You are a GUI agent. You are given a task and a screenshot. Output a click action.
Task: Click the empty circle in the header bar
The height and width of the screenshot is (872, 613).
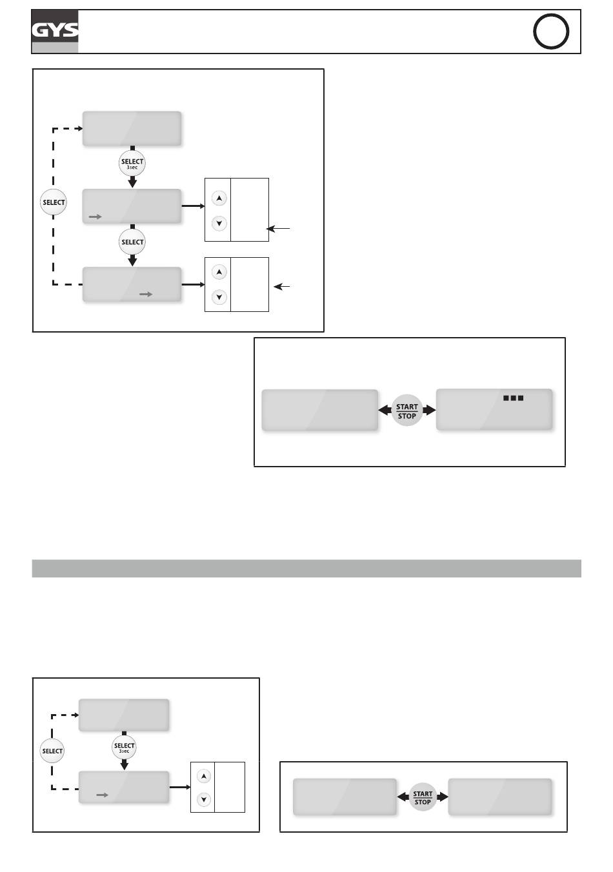click(x=550, y=32)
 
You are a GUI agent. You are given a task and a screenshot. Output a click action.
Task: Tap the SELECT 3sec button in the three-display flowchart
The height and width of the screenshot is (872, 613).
click(x=132, y=164)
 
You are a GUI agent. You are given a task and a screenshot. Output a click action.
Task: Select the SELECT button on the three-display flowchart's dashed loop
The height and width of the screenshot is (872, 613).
click(x=54, y=202)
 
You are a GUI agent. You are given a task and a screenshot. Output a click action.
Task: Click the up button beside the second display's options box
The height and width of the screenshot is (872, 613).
click(x=219, y=198)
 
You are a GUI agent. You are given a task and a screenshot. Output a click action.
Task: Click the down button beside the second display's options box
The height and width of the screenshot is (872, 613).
click(x=219, y=224)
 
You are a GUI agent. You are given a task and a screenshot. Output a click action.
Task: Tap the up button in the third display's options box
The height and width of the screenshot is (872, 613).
click(x=219, y=272)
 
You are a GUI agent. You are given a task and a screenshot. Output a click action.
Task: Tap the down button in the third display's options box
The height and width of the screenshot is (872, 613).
click(x=219, y=297)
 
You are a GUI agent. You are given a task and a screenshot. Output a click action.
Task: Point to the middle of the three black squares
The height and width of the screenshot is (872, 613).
click(x=513, y=398)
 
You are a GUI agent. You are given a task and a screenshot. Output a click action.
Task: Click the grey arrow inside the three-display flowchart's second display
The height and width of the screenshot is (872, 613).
click(x=95, y=217)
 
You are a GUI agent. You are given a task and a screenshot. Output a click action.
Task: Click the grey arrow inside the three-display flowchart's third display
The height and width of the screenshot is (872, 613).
click(x=146, y=295)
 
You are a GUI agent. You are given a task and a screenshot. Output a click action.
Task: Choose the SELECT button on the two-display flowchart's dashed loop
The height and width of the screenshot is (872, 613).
click(x=52, y=751)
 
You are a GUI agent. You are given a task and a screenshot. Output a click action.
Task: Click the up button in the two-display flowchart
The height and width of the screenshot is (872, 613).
click(x=204, y=776)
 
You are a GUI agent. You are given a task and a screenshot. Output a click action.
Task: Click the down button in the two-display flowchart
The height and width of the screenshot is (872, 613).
click(x=204, y=800)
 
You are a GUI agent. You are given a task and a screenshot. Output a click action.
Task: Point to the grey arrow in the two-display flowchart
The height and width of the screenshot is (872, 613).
click(x=103, y=795)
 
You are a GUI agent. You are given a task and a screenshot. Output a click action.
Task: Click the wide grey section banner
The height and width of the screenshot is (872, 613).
click(x=306, y=568)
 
